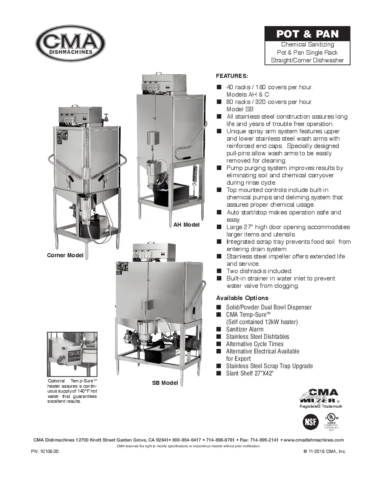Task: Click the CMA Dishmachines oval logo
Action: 70,43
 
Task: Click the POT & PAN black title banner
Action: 307,34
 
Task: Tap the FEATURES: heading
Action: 232,76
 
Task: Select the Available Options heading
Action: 242,298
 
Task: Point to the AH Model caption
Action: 186,225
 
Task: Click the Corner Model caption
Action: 65,256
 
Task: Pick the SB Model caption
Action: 165,383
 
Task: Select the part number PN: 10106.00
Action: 45,452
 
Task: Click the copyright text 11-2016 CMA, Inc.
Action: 324,452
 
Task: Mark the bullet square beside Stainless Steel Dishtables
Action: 219,337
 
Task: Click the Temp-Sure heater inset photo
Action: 72,354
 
